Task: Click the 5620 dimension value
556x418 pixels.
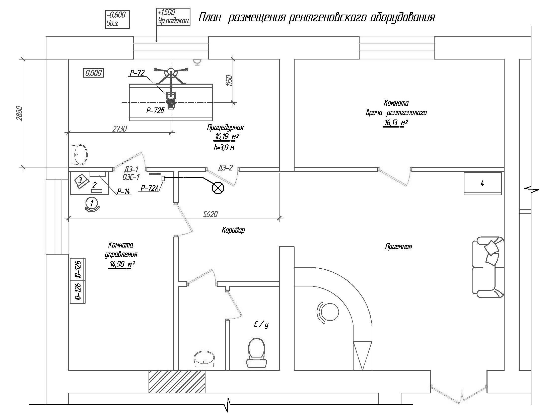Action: [x=211, y=214]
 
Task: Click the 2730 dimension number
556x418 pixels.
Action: [x=120, y=129]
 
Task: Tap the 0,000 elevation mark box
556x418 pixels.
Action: [x=94, y=73]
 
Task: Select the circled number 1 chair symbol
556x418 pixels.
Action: [x=92, y=203]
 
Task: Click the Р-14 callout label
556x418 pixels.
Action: [x=123, y=192]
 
